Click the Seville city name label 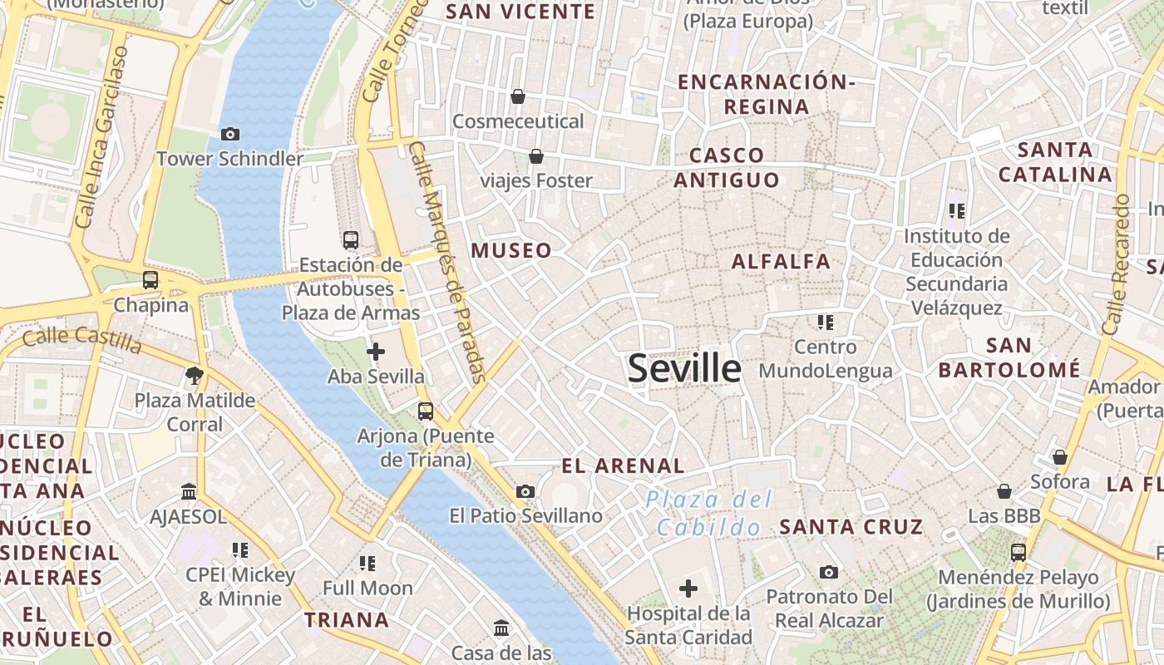[x=684, y=368]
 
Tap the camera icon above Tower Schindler [x=230, y=134]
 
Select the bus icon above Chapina [x=150, y=280]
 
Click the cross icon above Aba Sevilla [x=376, y=352]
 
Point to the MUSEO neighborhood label [x=511, y=250]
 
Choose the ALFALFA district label [x=781, y=261]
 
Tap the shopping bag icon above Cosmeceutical [x=518, y=97]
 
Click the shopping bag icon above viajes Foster [x=536, y=156]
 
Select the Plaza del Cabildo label [x=708, y=513]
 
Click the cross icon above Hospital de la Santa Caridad [x=688, y=589]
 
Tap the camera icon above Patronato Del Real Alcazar [x=828, y=572]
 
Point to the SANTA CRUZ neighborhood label [x=851, y=526]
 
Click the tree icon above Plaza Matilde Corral [x=195, y=375]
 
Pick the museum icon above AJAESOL [x=189, y=492]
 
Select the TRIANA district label [x=347, y=619]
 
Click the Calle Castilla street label [x=81, y=337]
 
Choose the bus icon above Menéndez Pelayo [x=1018, y=552]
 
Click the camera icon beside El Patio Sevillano [x=525, y=491]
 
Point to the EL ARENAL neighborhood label [x=624, y=465]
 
